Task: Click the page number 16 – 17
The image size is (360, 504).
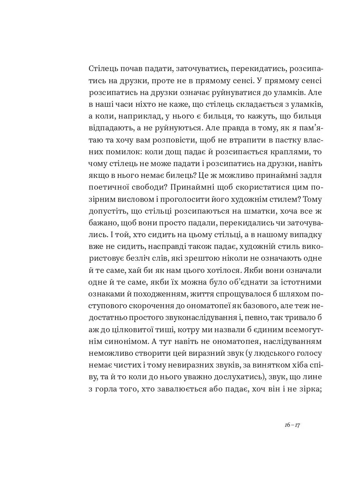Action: click(292, 425)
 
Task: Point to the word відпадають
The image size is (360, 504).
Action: click(107, 128)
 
